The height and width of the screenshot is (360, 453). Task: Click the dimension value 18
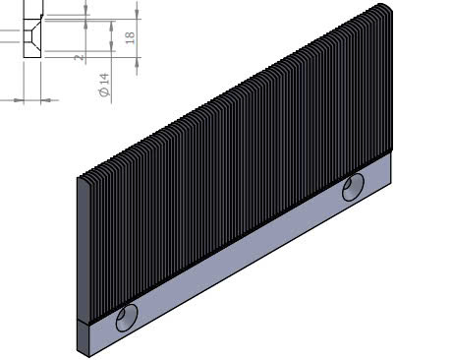[130, 38]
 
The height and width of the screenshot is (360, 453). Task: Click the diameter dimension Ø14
[104, 86]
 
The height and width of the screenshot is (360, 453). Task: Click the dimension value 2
[79, 58]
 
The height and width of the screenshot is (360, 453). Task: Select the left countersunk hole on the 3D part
[127, 318]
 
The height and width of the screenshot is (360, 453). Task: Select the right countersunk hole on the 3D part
[353, 187]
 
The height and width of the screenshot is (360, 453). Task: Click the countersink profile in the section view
[32, 35]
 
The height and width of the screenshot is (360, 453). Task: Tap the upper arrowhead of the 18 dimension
[137, 14]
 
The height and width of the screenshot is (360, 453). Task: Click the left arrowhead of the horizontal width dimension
[19, 100]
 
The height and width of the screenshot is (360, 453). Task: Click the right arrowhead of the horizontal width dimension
[46, 100]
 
